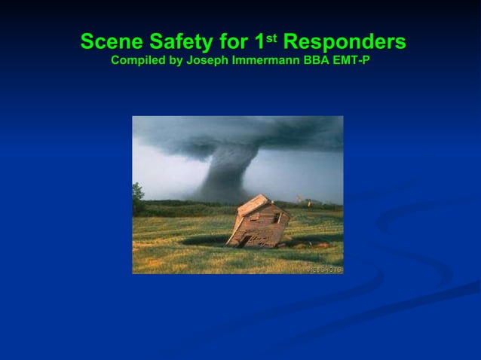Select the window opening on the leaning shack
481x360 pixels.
click(277, 218)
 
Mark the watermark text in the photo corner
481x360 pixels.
click(324, 269)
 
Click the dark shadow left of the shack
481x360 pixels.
click(204, 239)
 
